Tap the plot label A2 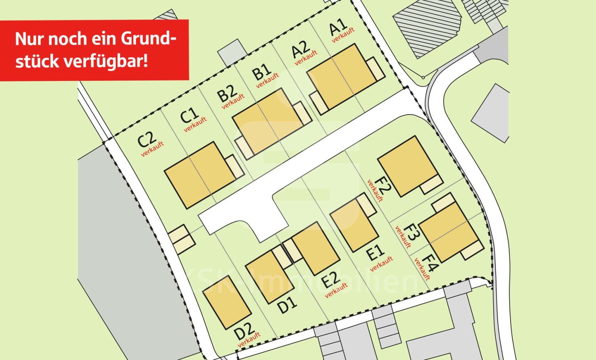point(300,49)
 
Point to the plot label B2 point(227,93)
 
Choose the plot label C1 point(189,116)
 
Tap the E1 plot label point(375,252)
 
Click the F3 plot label point(411,232)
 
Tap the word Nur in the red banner point(29,39)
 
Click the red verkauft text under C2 point(153,149)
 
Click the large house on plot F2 point(408,166)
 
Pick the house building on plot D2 point(227,302)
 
